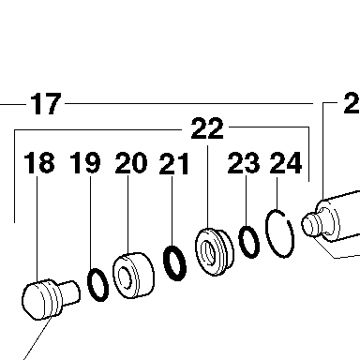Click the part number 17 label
(46, 103)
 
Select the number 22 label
(207, 128)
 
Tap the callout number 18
(39, 163)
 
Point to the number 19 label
(85, 163)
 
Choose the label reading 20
(131, 163)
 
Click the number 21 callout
(174, 163)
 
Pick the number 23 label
(244, 162)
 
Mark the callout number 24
(286, 162)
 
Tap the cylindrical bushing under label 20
(133, 276)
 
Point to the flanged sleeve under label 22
(214, 252)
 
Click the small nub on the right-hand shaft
(310, 224)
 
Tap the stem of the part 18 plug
(70, 292)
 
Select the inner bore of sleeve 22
(208, 252)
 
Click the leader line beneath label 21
(172, 211)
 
